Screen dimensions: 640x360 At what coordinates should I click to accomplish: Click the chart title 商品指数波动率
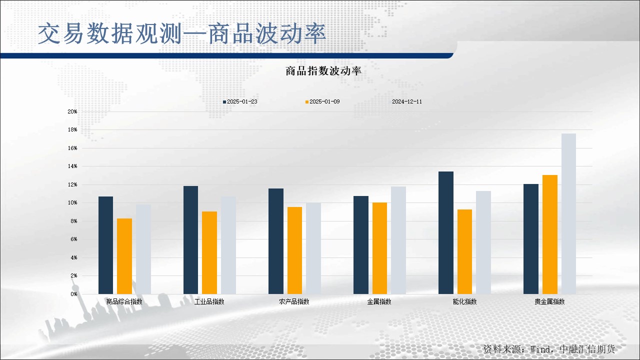click(x=323, y=71)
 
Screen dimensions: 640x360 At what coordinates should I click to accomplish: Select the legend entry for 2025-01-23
click(x=240, y=101)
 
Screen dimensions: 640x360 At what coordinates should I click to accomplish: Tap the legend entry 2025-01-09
click(x=322, y=101)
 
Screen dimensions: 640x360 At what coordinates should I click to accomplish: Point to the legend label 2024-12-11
click(x=407, y=101)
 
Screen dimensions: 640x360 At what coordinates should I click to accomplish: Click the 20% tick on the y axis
click(x=72, y=111)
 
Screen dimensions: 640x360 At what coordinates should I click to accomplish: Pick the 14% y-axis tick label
click(x=72, y=166)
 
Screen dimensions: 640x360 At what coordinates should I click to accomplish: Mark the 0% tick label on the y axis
click(x=74, y=294)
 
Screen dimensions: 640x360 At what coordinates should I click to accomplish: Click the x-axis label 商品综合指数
click(x=124, y=301)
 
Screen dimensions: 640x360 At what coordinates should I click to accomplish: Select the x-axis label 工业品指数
click(x=209, y=301)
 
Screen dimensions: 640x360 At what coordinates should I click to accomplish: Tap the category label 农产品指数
click(x=294, y=301)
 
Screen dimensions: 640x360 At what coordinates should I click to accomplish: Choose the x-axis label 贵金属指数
click(x=549, y=301)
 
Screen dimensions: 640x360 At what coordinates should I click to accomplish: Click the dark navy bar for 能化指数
click(x=446, y=233)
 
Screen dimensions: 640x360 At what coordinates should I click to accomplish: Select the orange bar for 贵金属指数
click(x=550, y=234)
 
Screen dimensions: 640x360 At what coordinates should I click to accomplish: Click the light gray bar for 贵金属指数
click(x=568, y=213)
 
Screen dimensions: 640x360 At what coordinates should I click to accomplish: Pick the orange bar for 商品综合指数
click(x=124, y=256)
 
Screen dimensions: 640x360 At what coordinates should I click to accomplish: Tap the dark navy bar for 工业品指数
click(x=191, y=240)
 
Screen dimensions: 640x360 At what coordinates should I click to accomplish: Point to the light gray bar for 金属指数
click(x=398, y=240)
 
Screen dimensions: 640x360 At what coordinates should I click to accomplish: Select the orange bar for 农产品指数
click(x=294, y=250)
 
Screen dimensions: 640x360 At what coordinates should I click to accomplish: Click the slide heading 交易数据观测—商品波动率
click(x=182, y=34)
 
